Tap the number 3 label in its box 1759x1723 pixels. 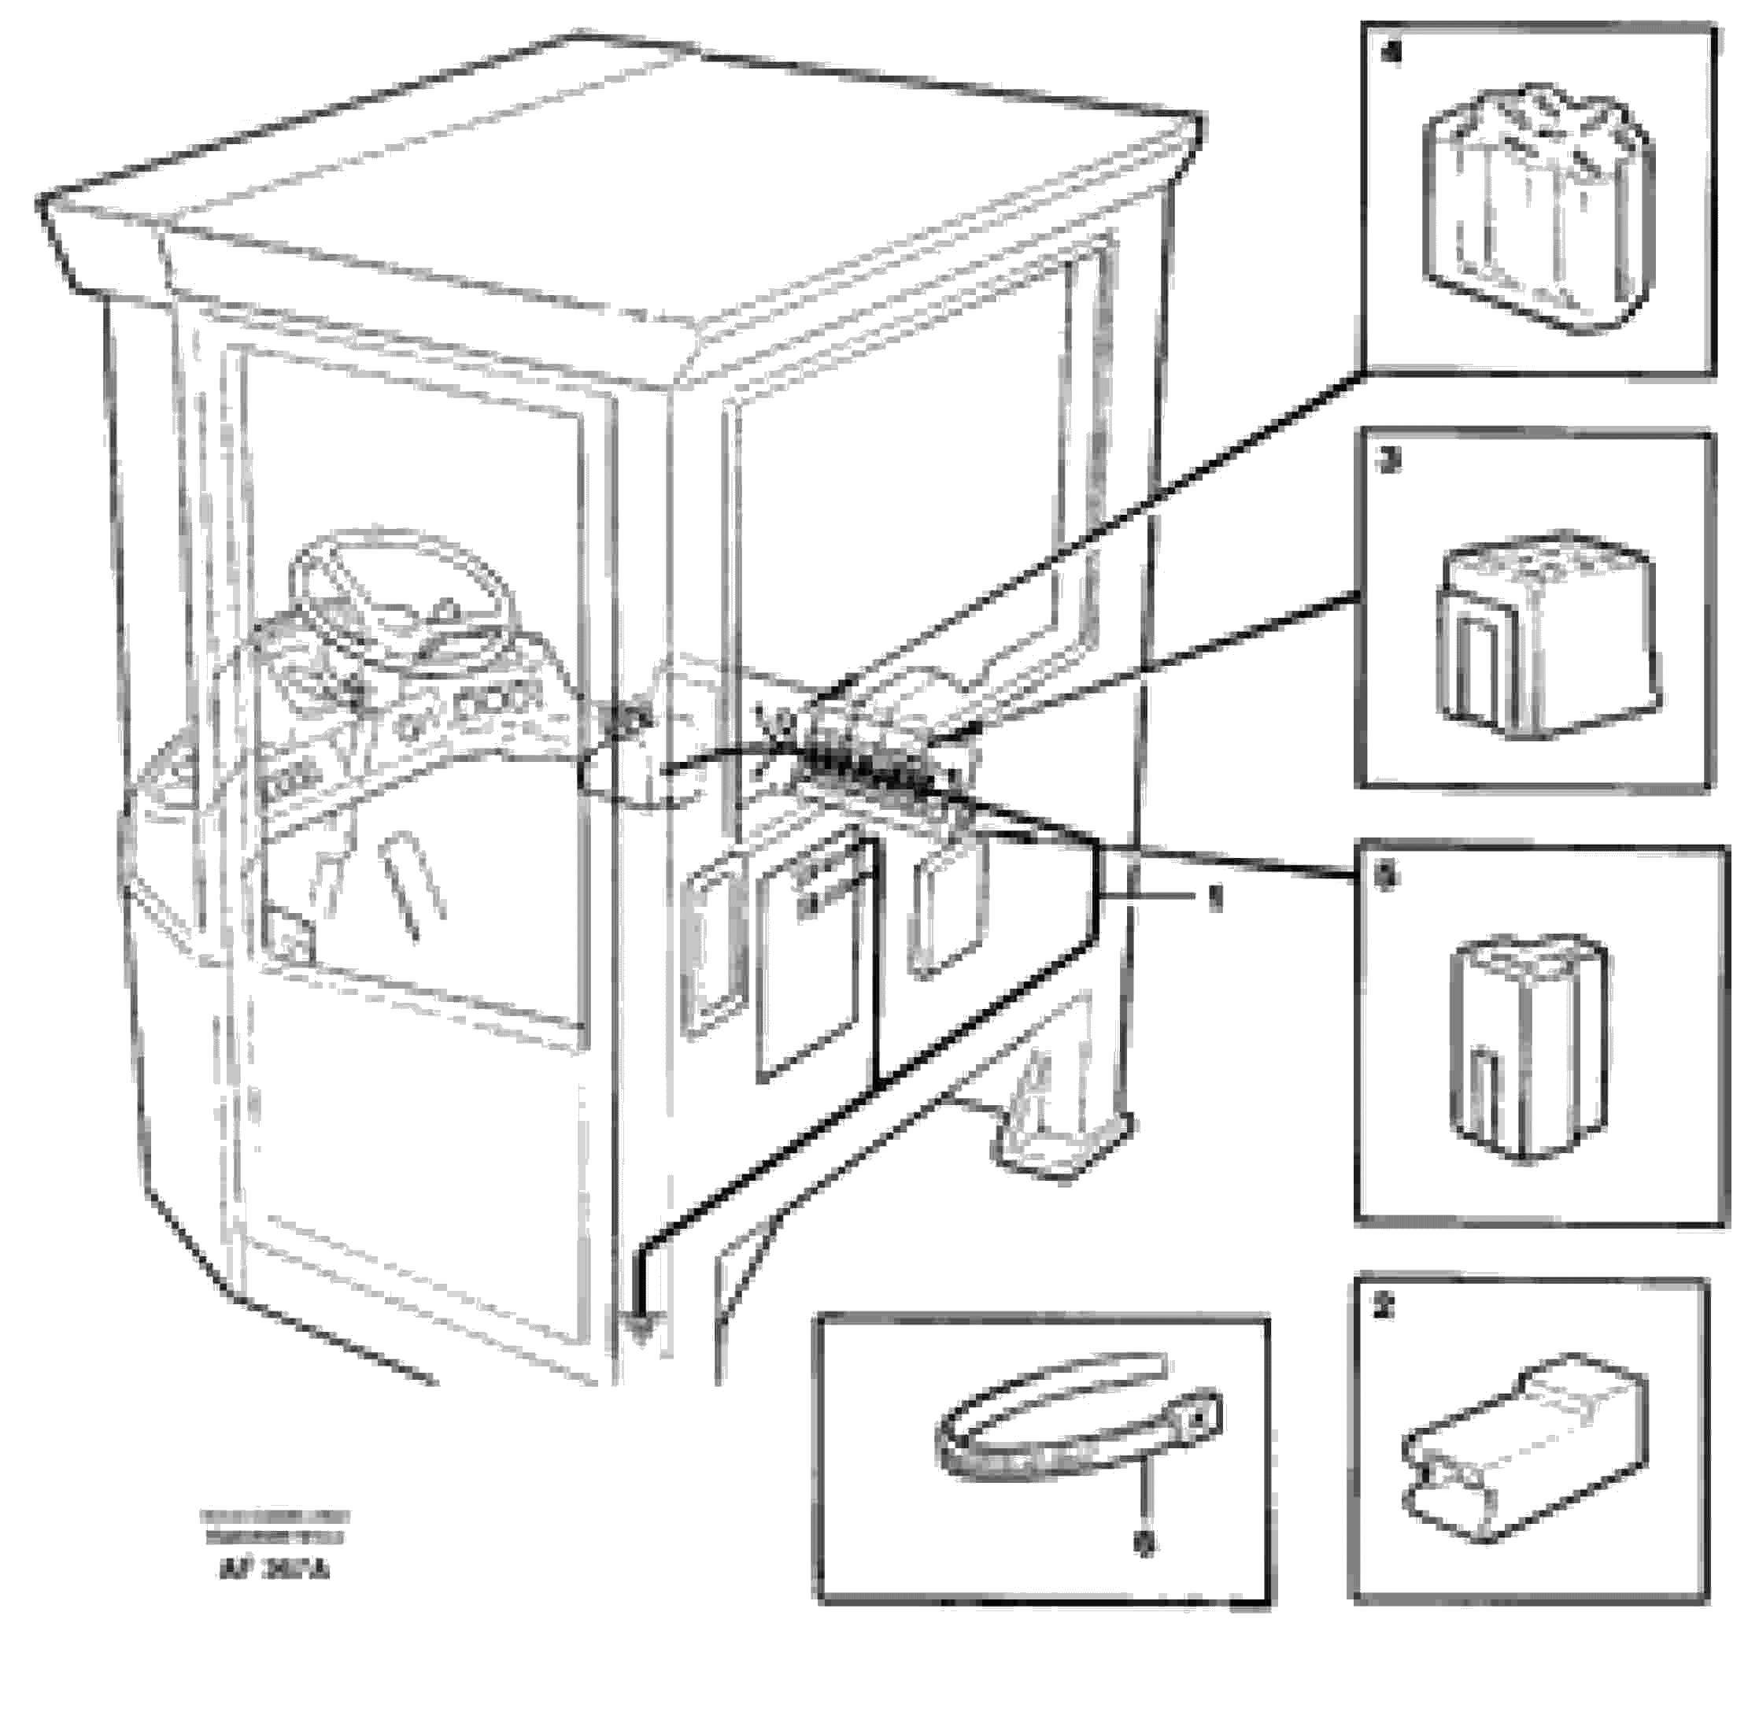(1387, 461)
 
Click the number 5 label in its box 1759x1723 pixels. (1385, 876)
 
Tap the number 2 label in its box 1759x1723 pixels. (1384, 1307)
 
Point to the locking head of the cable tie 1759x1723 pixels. (1195, 1422)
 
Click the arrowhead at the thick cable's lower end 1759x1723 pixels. (641, 1326)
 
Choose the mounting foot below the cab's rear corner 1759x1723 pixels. (1063, 1131)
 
